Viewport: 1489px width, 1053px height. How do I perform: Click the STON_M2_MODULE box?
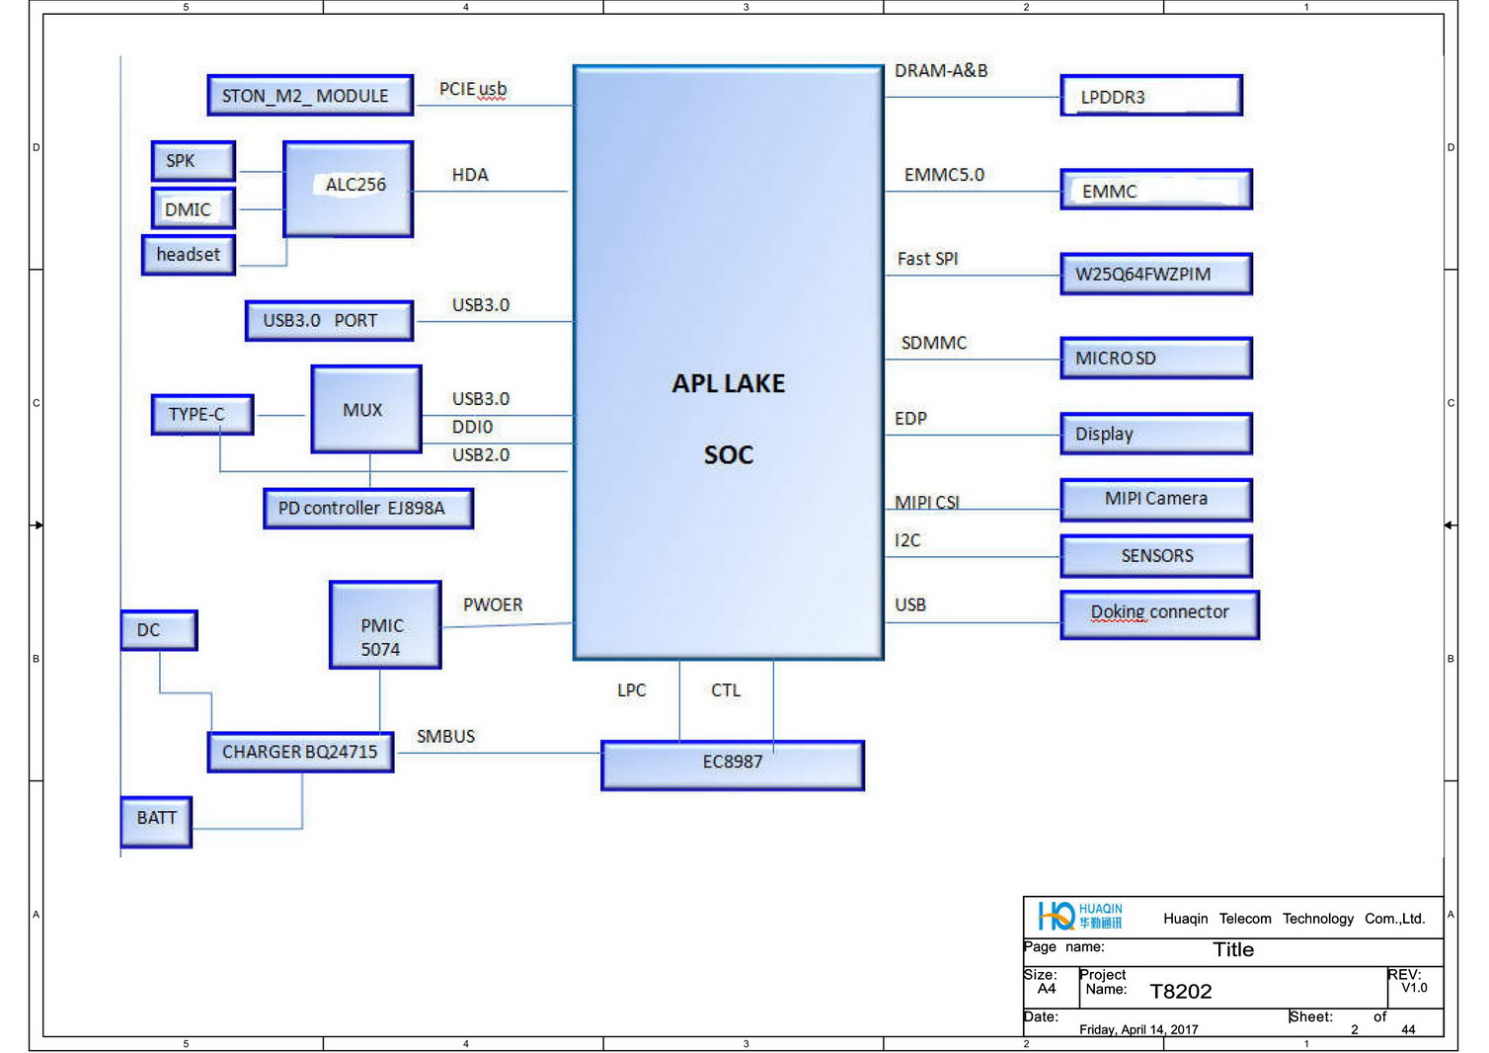[310, 96]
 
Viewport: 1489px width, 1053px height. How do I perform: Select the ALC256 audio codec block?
[349, 189]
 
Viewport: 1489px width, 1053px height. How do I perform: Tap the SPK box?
[194, 161]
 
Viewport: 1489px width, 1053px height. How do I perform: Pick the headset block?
[189, 255]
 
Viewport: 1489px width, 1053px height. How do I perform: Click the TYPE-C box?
[202, 415]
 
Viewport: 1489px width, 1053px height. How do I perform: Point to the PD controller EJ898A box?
[368, 509]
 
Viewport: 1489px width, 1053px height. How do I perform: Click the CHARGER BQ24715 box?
[301, 752]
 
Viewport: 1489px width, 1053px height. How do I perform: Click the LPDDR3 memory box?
[1150, 96]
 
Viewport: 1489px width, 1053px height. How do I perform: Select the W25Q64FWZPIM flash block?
[1156, 275]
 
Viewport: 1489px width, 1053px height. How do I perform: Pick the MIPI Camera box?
[1156, 500]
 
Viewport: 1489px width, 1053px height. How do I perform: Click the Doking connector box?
[1159, 614]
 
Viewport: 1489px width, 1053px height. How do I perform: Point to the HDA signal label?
[470, 175]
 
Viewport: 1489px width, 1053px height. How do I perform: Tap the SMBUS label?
[445, 737]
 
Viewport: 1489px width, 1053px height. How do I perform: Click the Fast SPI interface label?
[927, 259]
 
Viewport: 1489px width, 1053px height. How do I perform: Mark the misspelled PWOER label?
[493, 605]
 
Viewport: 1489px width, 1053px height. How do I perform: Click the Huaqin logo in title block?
[1079, 916]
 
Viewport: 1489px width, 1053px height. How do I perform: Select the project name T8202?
[1180, 991]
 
